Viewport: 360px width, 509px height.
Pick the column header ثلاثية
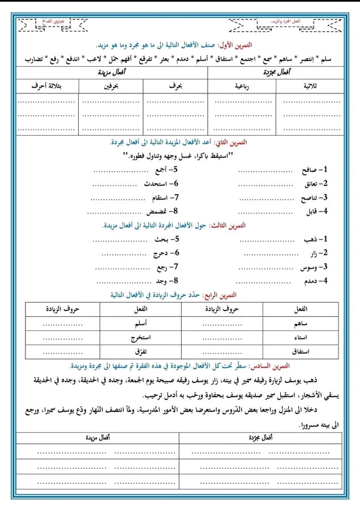[x=311, y=85]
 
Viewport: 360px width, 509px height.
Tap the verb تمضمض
[x=159, y=211]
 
